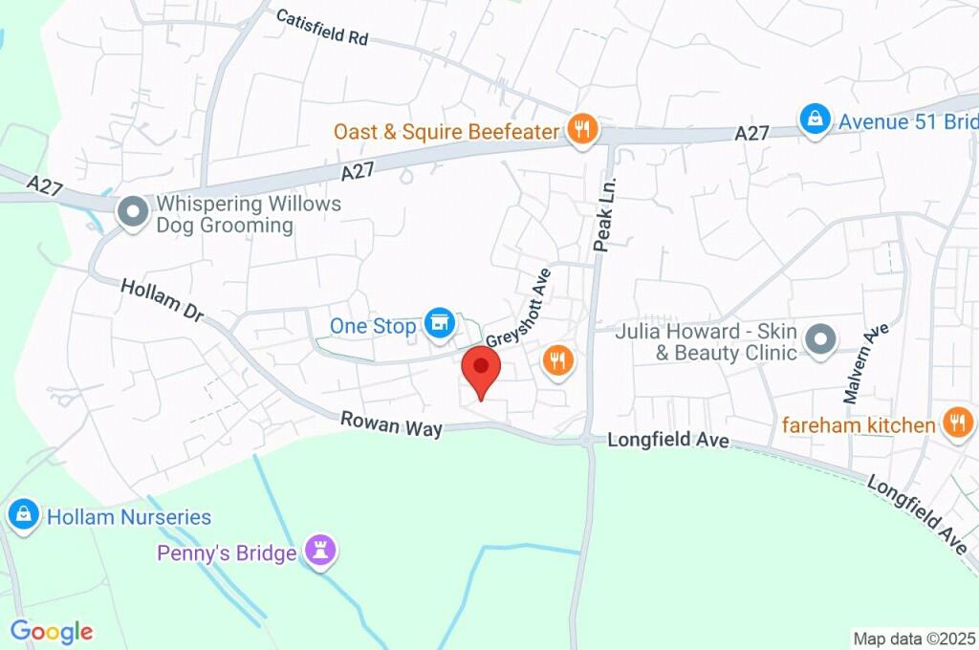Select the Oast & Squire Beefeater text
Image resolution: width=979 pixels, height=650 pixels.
pos(446,131)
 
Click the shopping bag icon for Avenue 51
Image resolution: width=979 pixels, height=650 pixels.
pos(814,121)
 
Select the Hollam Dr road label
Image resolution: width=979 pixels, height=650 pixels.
pos(163,299)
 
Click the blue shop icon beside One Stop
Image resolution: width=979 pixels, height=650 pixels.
pos(440,324)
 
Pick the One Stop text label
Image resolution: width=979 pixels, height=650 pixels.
pos(373,326)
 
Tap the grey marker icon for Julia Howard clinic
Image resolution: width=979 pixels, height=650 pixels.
pos(820,340)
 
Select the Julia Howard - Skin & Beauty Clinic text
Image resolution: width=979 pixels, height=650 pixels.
pos(706,342)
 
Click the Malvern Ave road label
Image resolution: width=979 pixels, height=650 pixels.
pos(866,362)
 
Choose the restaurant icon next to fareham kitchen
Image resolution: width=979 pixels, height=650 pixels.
pos(957,422)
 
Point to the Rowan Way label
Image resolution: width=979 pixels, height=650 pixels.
pos(392,423)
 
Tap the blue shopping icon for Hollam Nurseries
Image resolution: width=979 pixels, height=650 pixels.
pos(23,516)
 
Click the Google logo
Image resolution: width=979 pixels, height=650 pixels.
pos(52,631)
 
